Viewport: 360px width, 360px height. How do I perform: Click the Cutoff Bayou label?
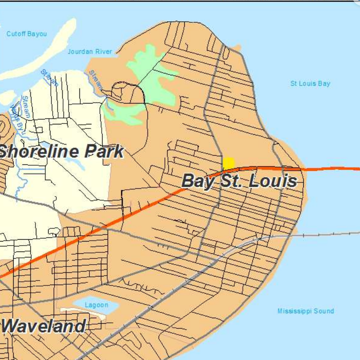(26, 34)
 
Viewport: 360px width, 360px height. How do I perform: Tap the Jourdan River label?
(90, 51)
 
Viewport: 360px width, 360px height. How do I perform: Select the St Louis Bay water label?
(310, 84)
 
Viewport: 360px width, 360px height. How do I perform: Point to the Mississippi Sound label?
(306, 311)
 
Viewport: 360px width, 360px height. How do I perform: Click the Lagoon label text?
(96, 305)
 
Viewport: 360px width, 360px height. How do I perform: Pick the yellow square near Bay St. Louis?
(228, 163)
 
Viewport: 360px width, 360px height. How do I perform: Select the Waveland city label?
(44, 326)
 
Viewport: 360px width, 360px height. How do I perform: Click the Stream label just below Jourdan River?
(97, 80)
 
